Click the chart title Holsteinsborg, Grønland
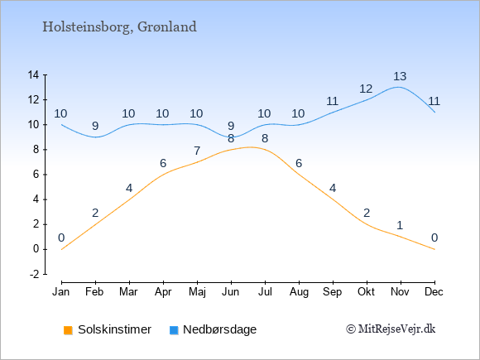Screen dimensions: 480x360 click(x=119, y=27)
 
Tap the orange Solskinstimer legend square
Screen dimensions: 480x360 click(x=68, y=330)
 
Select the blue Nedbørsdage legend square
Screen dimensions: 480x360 click(x=174, y=330)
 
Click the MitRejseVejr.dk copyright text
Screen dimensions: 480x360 click(x=391, y=329)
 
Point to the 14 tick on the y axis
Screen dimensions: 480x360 click(x=33, y=74)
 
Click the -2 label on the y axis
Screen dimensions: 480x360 click(x=34, y=274)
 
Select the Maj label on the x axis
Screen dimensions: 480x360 click(x=197, y=292)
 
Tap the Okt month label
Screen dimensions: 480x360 click(x=366, y=292)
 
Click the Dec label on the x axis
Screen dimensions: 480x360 click(x=434, y=292)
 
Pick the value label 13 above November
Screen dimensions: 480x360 click(x=400, y=76)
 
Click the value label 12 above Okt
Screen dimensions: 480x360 click(x=366, y=89)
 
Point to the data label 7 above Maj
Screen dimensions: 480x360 click(x=197, y=151)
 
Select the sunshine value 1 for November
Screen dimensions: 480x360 click(x=400, y=226)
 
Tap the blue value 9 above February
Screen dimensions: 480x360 click(x=95, y=126)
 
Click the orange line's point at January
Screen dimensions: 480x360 click(x=62, y=249)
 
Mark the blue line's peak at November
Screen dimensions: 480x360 click(x=398, y=87)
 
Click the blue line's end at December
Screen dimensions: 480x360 click(x=434, y=112)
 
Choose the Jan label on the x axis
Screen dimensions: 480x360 click(x=61, y=292)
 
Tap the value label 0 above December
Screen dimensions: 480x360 click(x=434, y=238)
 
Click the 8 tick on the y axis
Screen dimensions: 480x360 click(x=36, y=150)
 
